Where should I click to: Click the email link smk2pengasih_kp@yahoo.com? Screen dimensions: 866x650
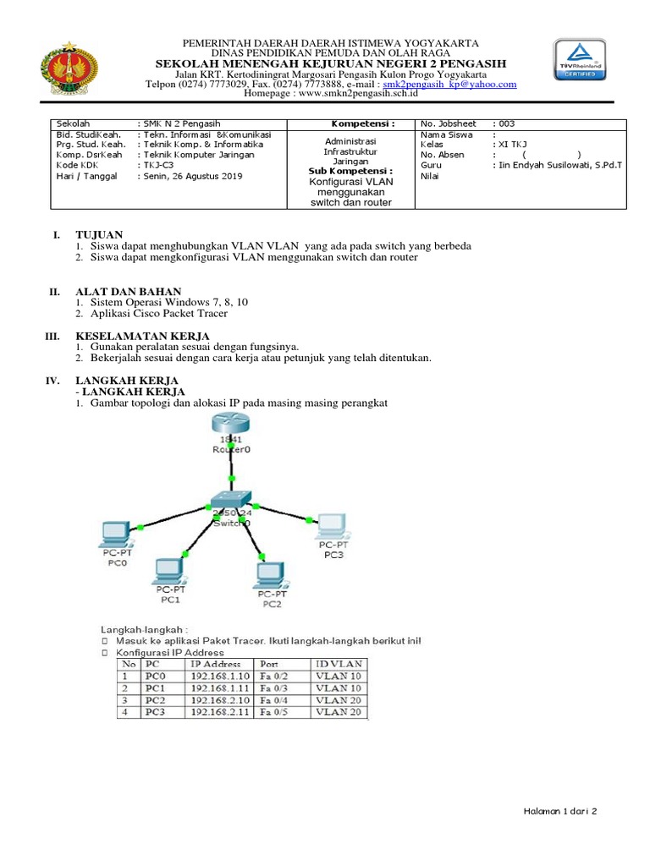tap(449, 85)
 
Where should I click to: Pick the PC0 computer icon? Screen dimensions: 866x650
tap(114, 534)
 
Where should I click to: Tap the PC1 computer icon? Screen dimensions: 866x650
tap(170, 571)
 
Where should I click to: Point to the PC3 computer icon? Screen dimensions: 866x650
tap(331, 526)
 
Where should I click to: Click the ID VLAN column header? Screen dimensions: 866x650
tap(337, 664)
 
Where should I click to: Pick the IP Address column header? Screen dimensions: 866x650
tap(218, 664)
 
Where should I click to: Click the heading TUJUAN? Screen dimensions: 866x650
tap(100, 233)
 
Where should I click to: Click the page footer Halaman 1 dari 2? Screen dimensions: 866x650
tap(559, 811)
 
